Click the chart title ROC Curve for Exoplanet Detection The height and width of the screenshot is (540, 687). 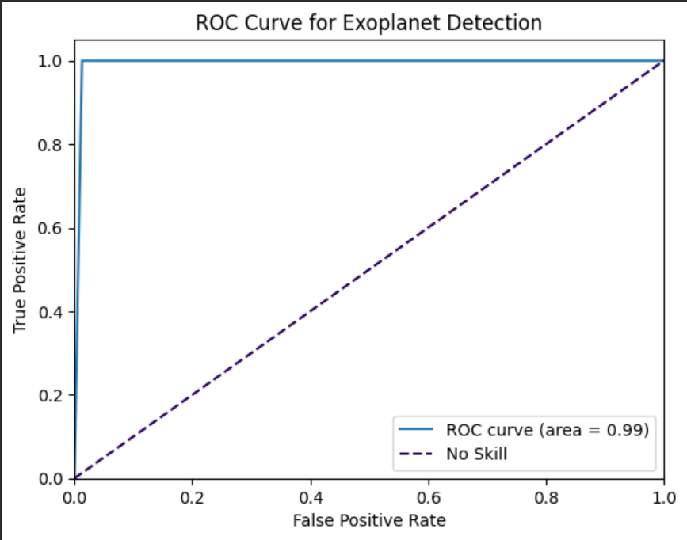369,23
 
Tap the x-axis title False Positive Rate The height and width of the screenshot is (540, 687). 369,520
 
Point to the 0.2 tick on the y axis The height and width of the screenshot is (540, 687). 55,395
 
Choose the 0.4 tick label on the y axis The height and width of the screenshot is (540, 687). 55,312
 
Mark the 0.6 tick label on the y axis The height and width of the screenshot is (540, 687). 55,228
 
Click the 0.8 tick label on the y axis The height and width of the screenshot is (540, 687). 55,145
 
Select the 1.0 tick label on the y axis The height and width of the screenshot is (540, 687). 55,61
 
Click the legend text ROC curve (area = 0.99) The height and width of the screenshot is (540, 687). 548,431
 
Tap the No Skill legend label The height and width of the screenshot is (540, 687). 476,454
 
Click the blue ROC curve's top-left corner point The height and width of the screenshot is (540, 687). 82,61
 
